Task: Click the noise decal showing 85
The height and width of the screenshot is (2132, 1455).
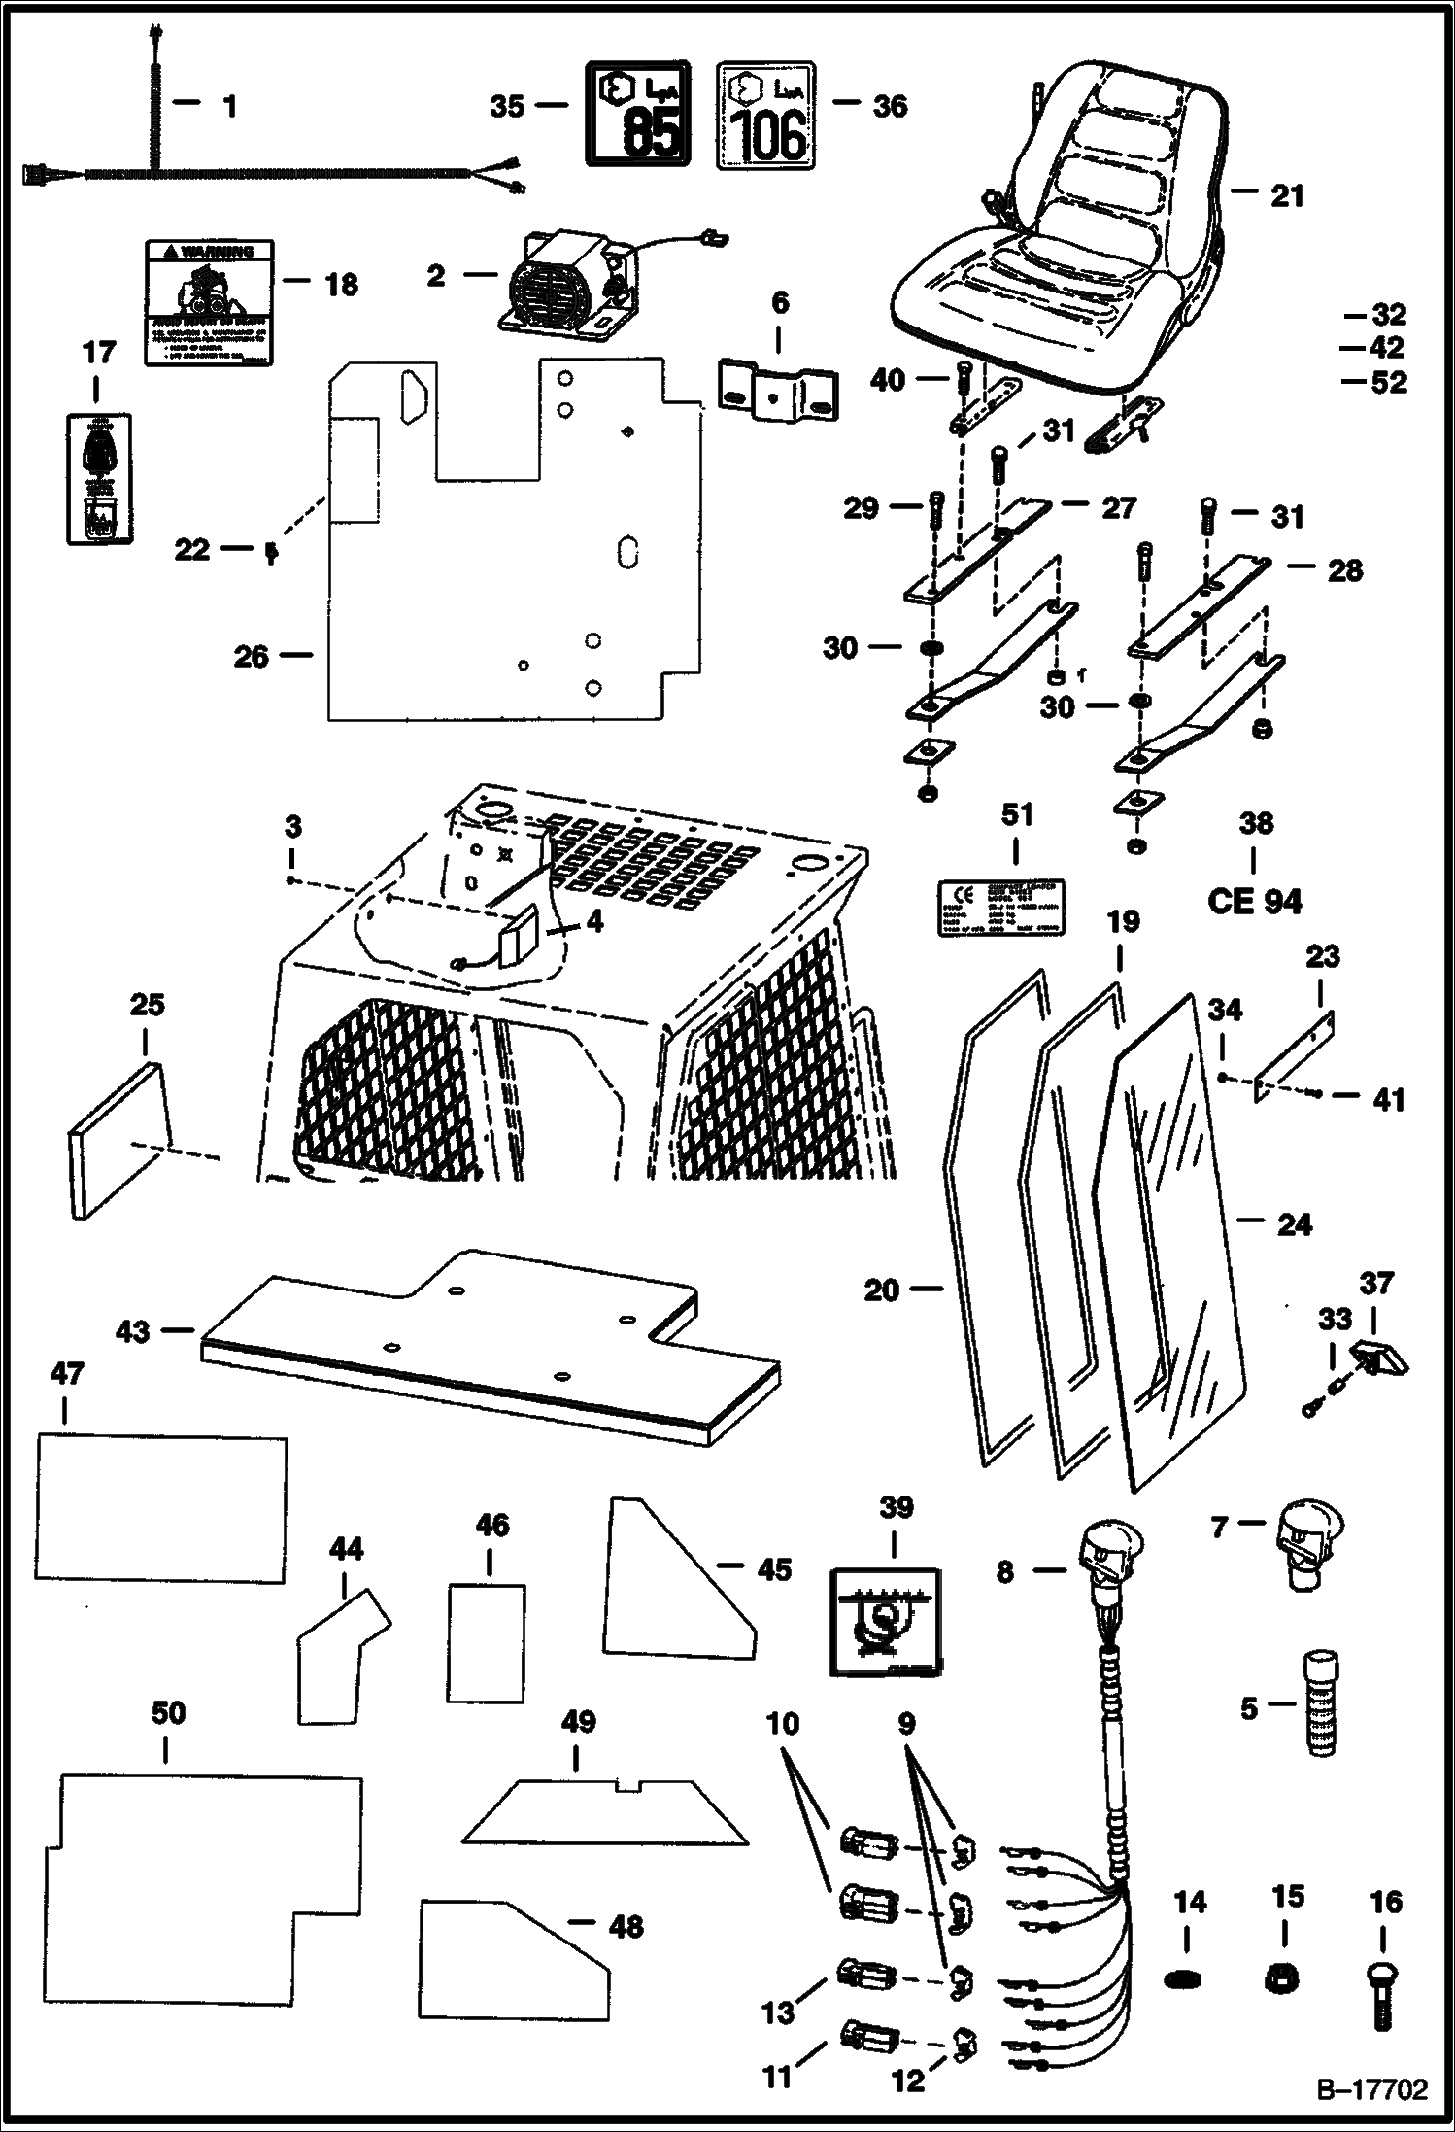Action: point(637,114)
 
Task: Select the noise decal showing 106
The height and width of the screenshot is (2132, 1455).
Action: point(765,116)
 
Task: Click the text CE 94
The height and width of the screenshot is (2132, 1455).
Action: point(1254,902)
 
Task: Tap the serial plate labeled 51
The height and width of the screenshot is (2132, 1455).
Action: point(999,909)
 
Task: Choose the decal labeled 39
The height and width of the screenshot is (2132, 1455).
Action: point(885,1622)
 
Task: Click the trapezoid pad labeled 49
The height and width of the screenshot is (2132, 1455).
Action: point(604,1812)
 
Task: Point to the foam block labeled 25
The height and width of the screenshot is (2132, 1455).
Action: point(118,1138)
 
